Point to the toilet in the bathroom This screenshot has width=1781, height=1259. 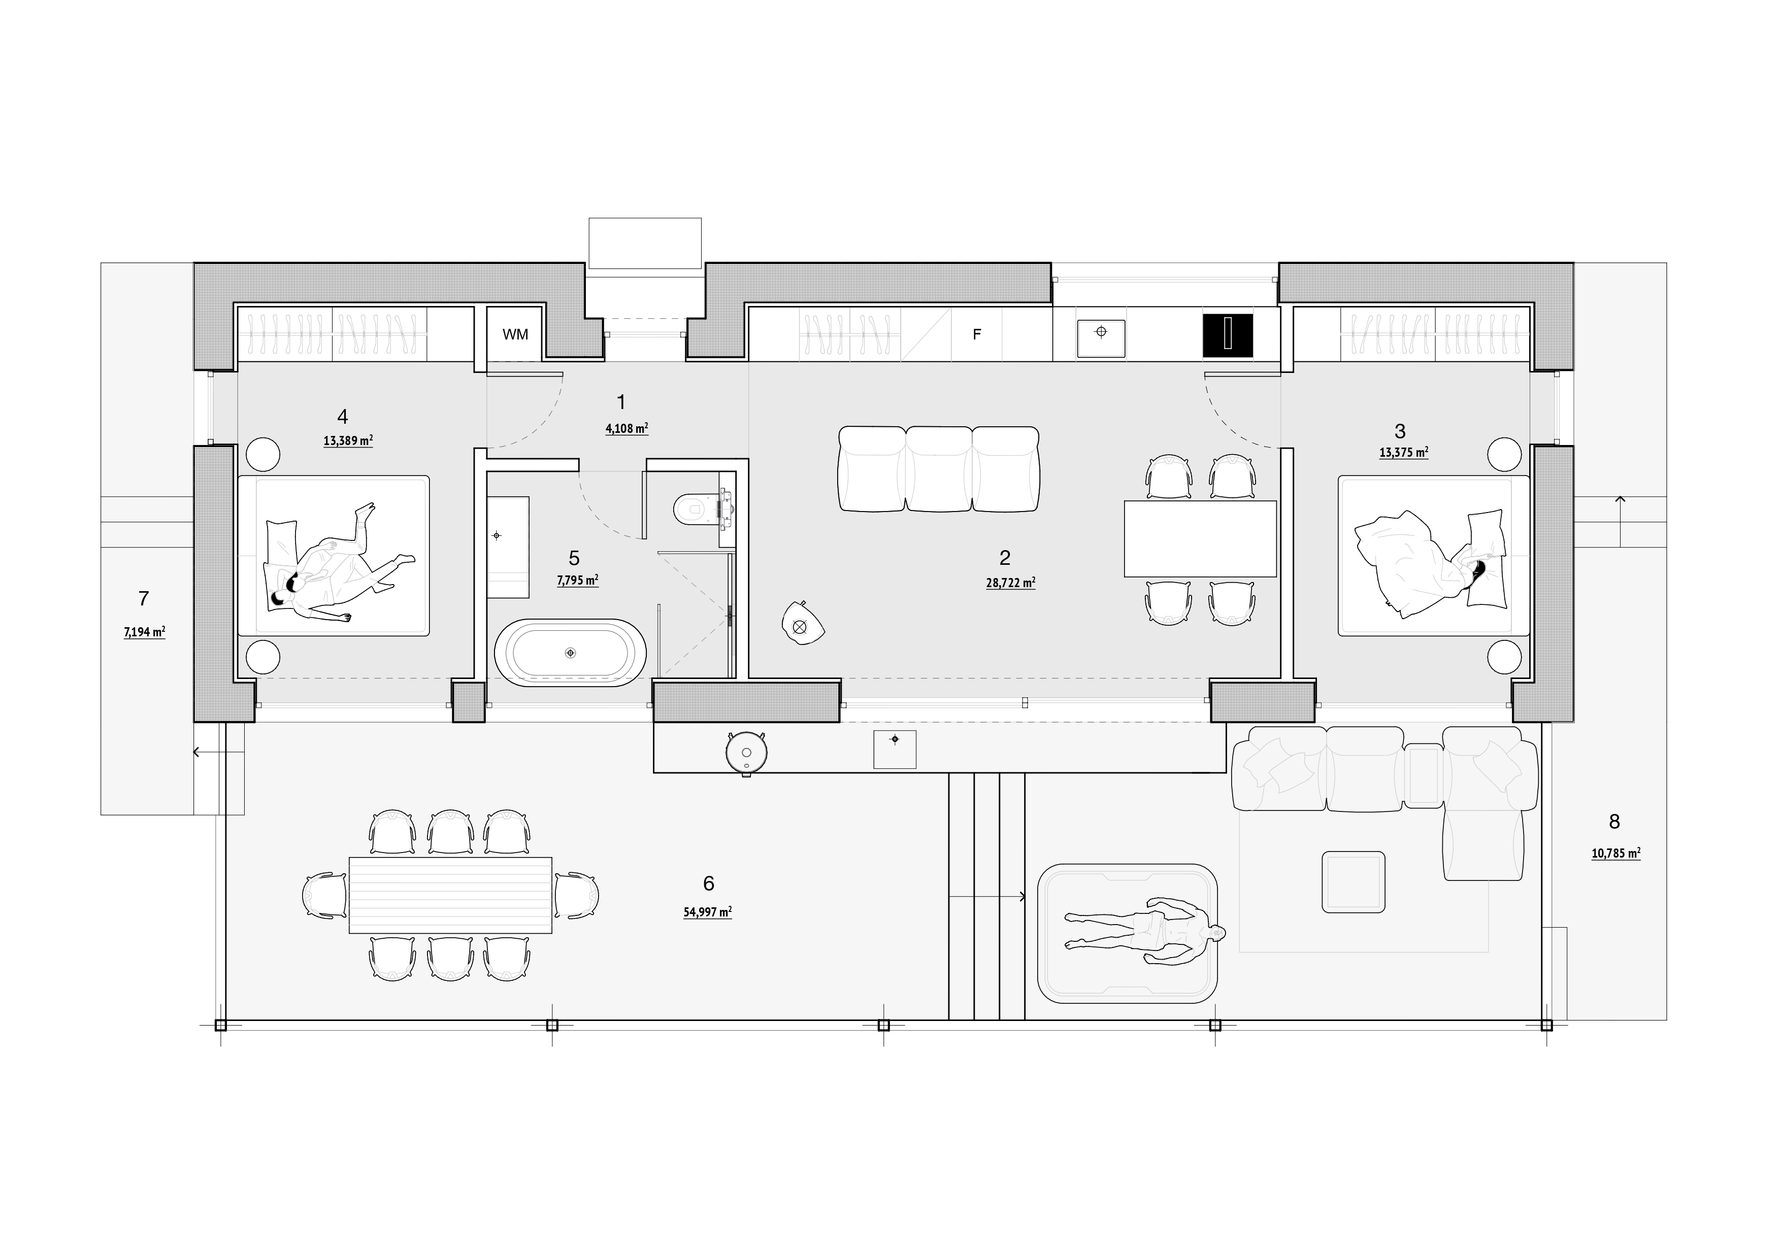tap(703, 508)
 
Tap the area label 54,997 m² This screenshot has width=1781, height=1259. tap(707, 912)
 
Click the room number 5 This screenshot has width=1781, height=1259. tap(574, 557)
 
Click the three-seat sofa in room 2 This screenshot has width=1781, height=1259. tap(939, 468)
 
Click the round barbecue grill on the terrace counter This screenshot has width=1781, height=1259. tap(746, 751)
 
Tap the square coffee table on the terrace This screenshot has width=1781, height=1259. tap(1354, 881)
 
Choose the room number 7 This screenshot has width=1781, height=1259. tap(144, 598)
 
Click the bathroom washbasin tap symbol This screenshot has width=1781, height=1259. tap(497, 535)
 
